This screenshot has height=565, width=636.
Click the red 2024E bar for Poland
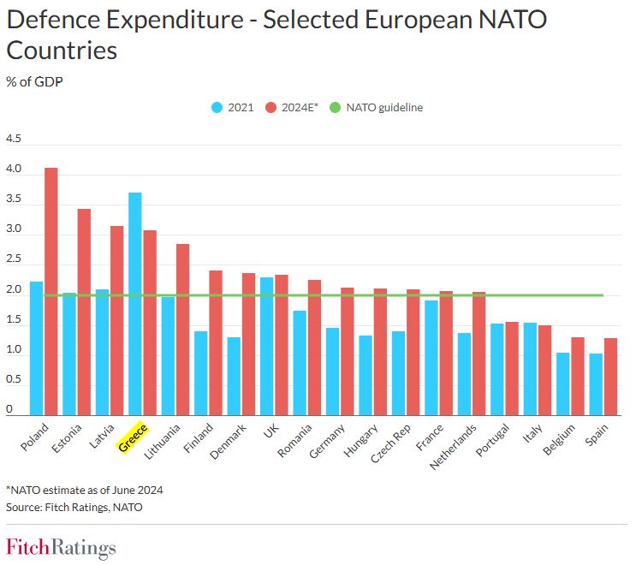tap(51, 291)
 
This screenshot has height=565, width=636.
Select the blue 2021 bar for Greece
tap(134, 304)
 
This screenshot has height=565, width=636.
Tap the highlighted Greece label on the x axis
tap(133, 437)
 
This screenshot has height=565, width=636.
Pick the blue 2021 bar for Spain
tap(594, 384)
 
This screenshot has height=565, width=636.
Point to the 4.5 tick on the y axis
tap(14, 140)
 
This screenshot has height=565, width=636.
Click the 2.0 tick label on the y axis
tap(14, 290)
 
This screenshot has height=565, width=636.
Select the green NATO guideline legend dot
tap(335, 108)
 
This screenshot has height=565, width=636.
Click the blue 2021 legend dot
tap(217, 108)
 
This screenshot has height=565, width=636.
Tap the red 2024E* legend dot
tap(270, 108)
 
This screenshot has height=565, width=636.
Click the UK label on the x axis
tap(271, 429)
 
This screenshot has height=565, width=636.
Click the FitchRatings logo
tap(61, 547)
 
